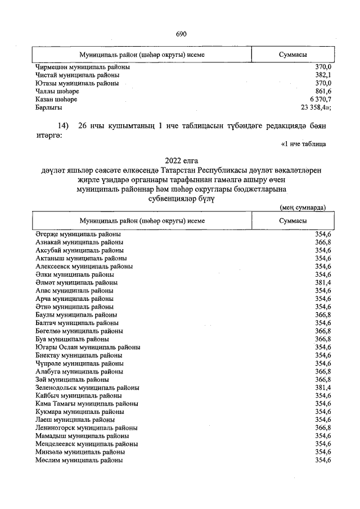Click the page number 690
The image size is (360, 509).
181,34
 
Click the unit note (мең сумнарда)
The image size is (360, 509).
303,207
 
